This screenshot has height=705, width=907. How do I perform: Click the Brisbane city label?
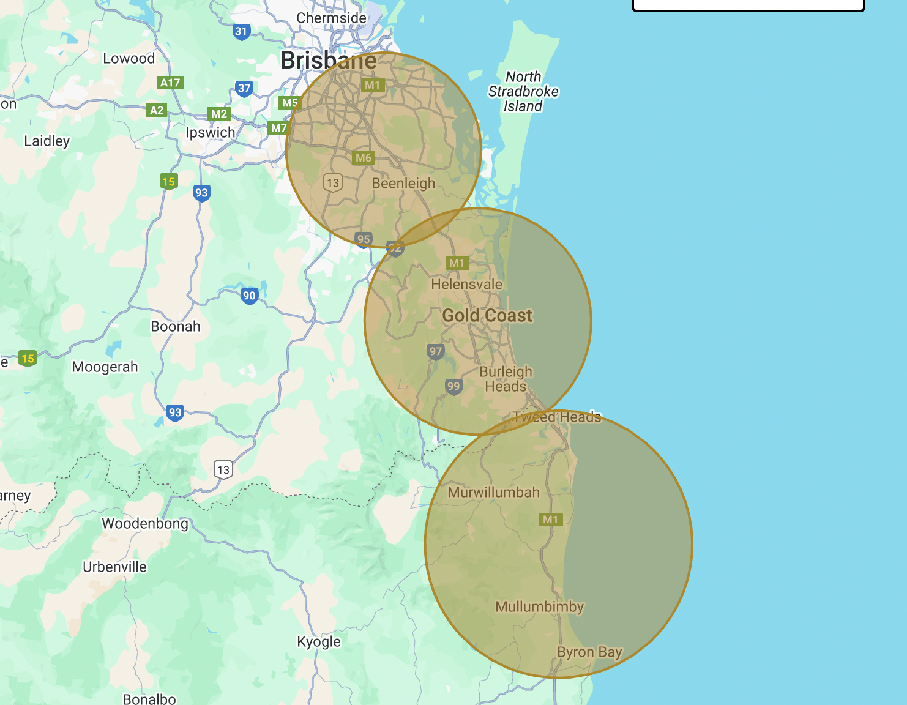[329, 61]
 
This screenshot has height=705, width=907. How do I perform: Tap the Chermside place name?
[331, 18]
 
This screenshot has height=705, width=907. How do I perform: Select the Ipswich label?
[211, 133]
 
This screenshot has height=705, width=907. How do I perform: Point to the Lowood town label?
[129, 59]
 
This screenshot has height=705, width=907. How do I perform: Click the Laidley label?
[47, 141]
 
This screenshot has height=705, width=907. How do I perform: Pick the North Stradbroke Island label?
[523, 92]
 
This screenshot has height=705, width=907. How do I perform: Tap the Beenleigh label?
[403, 184]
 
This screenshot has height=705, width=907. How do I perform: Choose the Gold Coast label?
[487, 316]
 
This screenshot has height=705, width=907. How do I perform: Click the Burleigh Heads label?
[506, 379]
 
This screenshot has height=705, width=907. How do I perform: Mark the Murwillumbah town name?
[493, 493]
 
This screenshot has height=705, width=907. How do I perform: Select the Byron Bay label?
[589, 652]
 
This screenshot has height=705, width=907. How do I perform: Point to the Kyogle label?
[318, 642]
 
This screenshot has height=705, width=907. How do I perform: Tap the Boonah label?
[176, 327]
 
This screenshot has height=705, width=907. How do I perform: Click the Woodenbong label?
[145, 524]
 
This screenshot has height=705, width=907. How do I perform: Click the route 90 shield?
[249, 296]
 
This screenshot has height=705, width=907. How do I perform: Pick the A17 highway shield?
[170, 83]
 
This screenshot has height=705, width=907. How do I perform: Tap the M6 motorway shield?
[363, 158]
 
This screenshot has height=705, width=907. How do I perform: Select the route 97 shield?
[435, 351]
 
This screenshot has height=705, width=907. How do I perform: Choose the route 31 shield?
[242, 32]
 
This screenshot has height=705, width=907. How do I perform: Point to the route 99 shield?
[453, 386]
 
